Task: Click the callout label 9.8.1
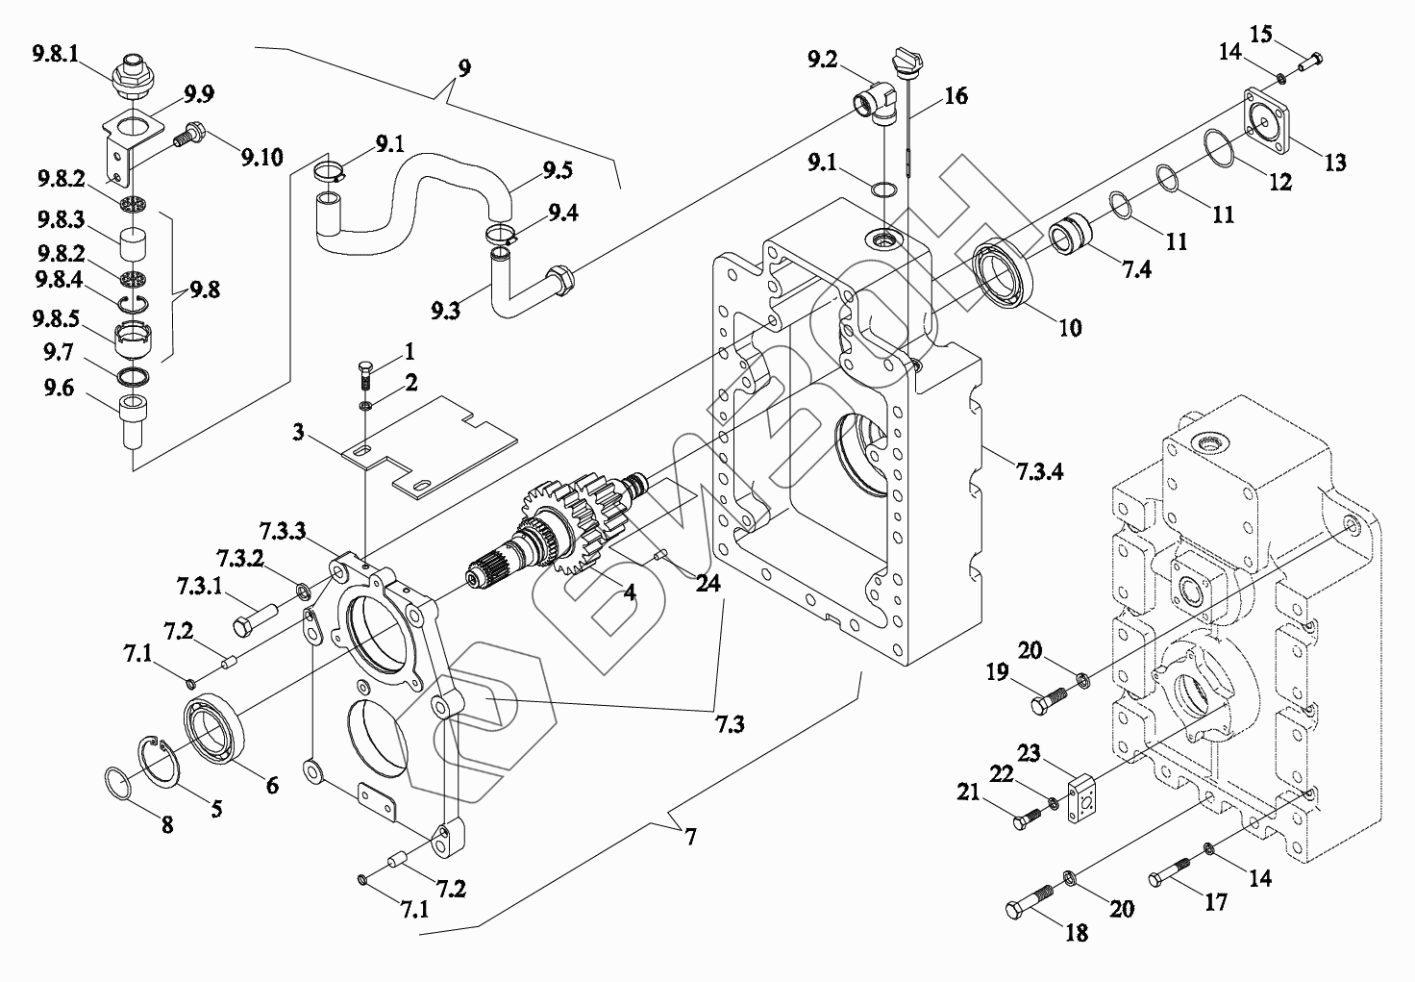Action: click(x=56, y=54)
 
